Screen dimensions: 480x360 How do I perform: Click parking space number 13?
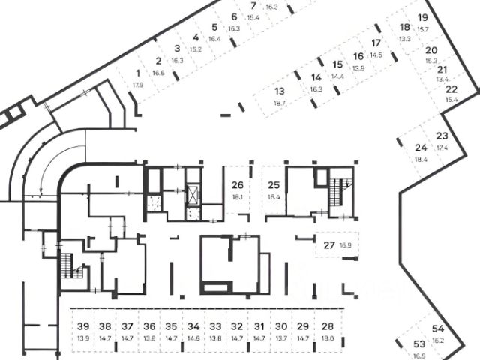280,91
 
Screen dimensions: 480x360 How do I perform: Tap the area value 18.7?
280,103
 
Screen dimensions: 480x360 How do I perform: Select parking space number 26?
238,185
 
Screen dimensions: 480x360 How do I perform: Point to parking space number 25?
274,185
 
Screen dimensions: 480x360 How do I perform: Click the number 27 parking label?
329,245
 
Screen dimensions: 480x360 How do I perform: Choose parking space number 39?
83,326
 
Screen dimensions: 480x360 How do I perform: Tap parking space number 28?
328,326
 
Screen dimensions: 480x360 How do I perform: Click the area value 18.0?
328,338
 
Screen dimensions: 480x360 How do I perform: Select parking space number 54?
438,328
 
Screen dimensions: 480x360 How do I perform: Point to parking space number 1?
138,73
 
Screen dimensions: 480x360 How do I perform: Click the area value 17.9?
138,85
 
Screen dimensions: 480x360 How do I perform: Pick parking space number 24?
421,148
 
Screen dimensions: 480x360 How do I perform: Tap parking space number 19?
423,17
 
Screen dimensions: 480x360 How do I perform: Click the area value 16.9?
346,245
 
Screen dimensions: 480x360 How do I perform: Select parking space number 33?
215,326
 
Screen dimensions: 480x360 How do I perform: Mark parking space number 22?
451,89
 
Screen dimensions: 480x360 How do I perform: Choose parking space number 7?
253,6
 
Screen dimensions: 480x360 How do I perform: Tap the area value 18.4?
421,160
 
